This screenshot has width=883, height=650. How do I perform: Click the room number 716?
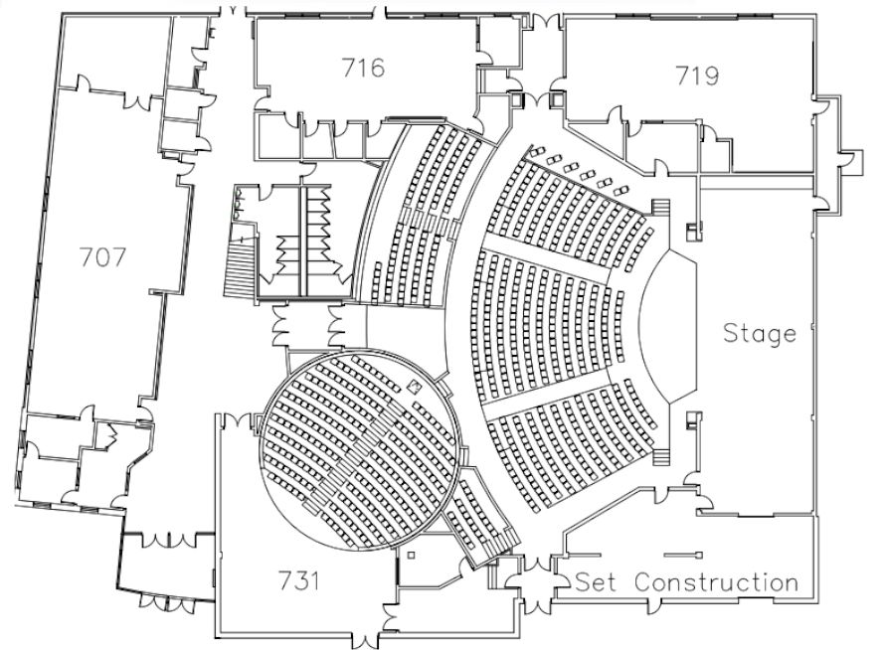point(363,69)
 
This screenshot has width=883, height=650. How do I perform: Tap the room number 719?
point(697,76)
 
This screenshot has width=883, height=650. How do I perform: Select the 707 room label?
point(102,257)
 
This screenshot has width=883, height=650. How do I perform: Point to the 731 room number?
point(299,580)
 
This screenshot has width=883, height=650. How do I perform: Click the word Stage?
point(760,333)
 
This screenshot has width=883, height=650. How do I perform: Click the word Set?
point(597,581)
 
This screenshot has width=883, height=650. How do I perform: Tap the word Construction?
point(716,581)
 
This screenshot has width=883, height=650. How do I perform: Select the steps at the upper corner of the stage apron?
point(660,208)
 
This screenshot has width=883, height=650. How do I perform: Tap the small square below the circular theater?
point(411,555)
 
